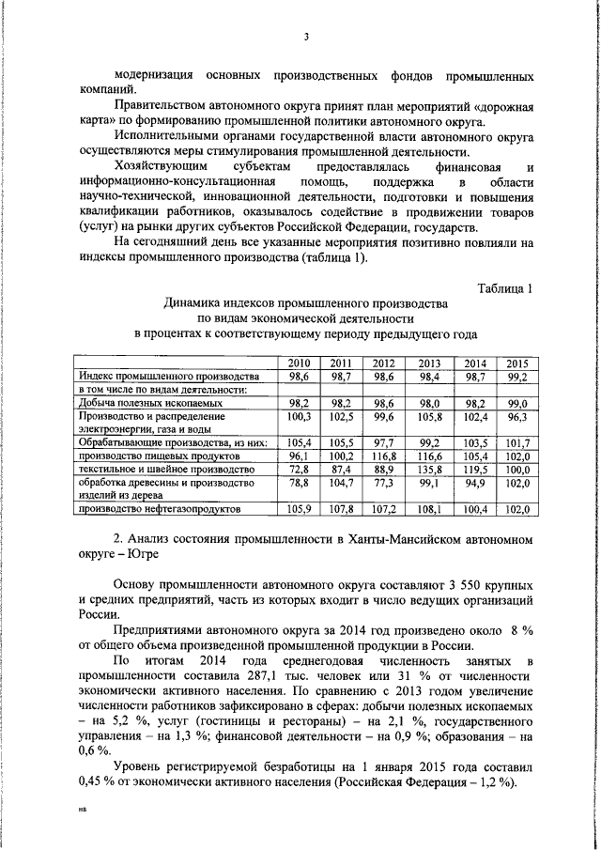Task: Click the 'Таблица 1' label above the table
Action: (x=504, y=287)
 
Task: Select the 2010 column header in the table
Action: (x=299, y=363)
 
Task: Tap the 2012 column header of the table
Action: (x=383, y=363)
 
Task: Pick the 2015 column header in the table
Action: (x=516, y=363)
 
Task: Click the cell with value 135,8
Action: (x=429, y=468)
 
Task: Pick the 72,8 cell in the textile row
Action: (x=299, y=468)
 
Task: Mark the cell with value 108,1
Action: (x=429, y=508)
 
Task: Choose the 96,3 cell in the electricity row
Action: (x=516, y=415)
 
